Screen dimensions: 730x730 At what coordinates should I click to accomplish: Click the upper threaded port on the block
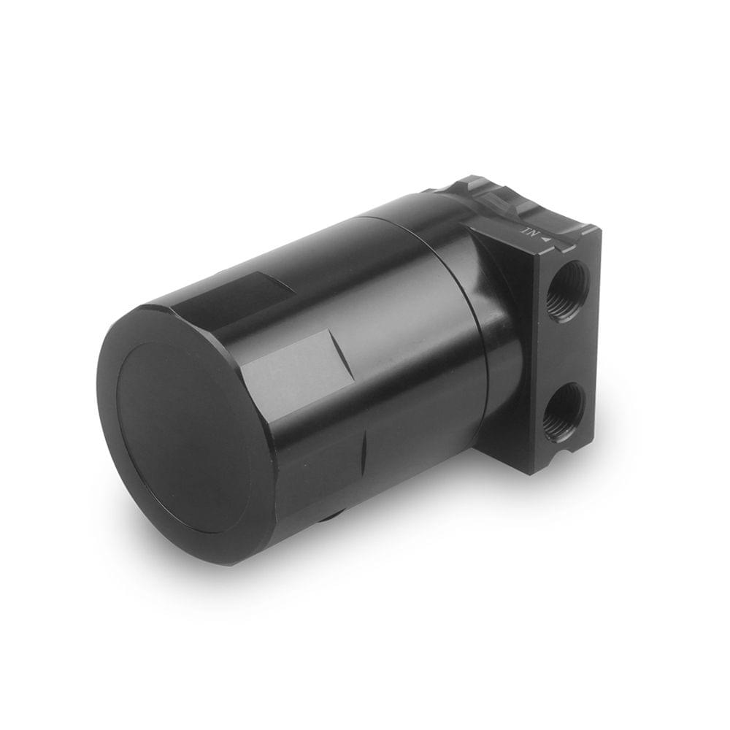[x=566, y=291]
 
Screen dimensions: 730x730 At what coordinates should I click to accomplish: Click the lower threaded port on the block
[x=564, y=412]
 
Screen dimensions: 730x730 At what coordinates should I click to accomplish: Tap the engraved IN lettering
[x=529, y=231]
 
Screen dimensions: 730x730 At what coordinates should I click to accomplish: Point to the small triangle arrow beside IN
[x=544, y=235]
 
